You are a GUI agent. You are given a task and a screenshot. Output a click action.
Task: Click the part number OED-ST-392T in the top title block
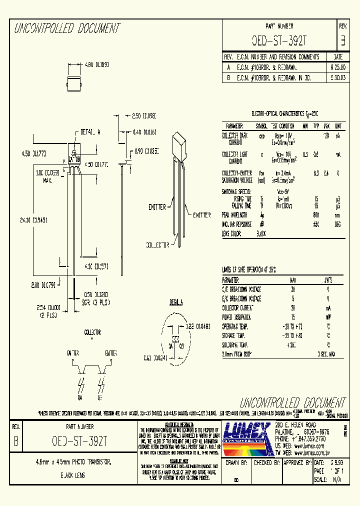tap(278, 40)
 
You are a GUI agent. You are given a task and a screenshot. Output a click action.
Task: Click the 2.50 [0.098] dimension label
tap(144, 115)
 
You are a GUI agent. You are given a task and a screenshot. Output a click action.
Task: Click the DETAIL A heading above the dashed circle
tap(176, 302)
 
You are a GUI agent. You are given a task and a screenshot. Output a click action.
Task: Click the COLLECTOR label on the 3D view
tap(158, 245)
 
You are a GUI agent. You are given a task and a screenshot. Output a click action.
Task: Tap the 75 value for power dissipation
tap(292, 317)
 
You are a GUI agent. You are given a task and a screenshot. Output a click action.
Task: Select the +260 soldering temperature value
tap(292, 344)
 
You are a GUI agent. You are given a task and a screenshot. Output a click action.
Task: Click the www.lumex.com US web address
tap(307, 443)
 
